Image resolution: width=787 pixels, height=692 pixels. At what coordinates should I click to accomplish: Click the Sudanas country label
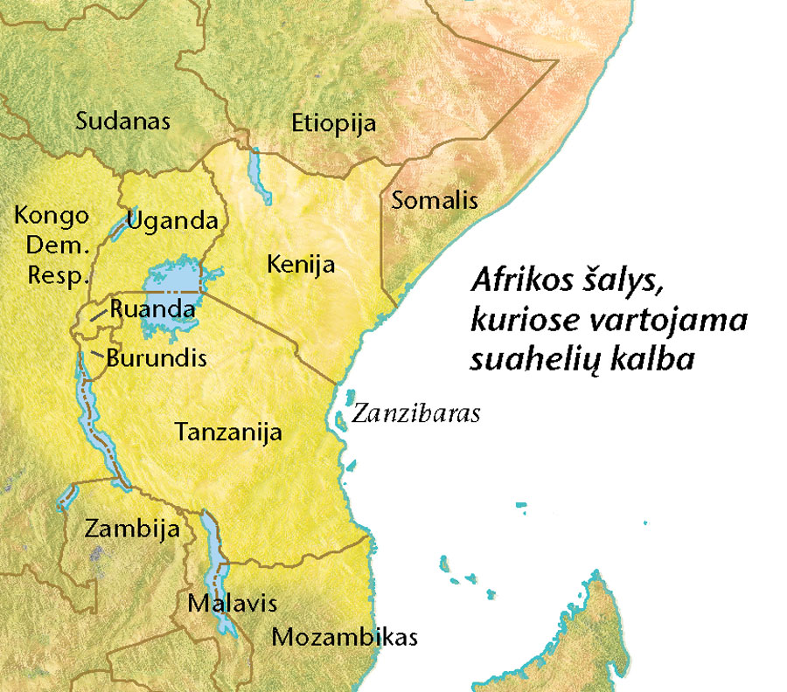122,121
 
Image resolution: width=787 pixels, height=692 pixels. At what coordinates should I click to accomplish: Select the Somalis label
435,200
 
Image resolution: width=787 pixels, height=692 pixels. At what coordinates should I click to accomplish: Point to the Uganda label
171,220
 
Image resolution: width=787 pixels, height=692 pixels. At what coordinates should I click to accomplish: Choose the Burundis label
156,357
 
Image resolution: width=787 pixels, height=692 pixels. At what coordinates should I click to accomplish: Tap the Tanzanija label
226,431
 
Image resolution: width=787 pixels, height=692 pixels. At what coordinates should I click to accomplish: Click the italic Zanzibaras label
415,413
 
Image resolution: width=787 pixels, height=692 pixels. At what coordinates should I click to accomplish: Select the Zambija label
132,529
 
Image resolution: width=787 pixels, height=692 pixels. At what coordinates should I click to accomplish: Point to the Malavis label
232,603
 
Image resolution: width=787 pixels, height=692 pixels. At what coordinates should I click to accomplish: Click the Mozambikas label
344,636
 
